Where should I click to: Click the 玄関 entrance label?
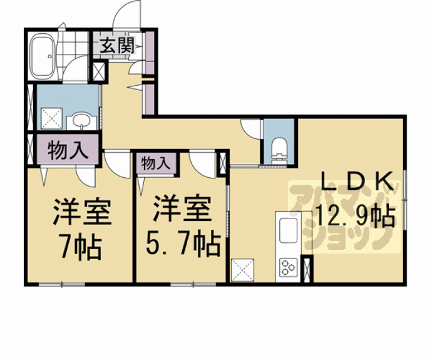tap(117, 46)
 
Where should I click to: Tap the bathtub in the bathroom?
tap(42, 56)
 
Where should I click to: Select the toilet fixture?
tap(279, 151)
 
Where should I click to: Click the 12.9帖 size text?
tap(356, 216)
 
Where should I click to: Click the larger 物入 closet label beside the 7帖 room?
tap(68, 150)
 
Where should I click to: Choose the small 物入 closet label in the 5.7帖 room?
tap(155, 163)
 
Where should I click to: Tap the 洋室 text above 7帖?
tap(82, 211)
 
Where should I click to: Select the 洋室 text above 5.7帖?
tap(182, 208)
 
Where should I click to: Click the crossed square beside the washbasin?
tap(51, 118)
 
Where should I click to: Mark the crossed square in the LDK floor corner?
tap(242, 270)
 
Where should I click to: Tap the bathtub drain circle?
tap(49, 56)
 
